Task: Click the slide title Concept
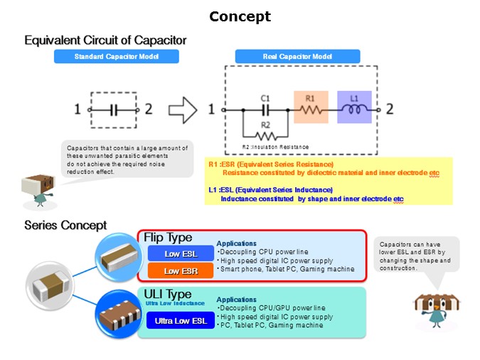[x=240, y=16]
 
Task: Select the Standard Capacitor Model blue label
[x=116, y=56]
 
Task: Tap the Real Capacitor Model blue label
[x=283, y=56]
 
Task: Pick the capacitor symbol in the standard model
[x=114, y=110]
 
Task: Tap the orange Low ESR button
[x=181, y=270]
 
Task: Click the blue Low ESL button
[x=181, y=253]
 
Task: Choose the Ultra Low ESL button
[x=181, y=321]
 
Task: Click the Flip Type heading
[x=168, y=237]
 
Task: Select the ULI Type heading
[x=167, y=294]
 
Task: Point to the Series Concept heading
[x=65, y=225]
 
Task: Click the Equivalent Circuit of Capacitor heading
[x=105, y=41]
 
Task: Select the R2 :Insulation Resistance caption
[x=276, y=147]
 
